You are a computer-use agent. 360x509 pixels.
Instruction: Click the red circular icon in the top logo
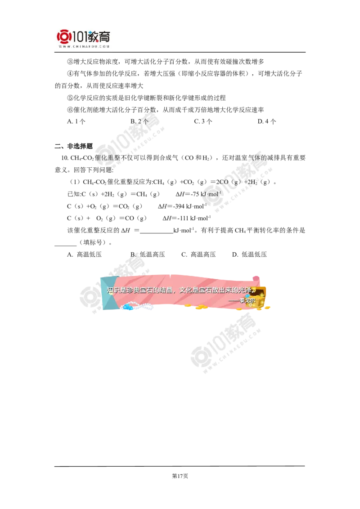point(64,36)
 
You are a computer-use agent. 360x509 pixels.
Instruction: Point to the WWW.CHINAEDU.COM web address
point(84,46)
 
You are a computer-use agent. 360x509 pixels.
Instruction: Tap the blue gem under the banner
point(128,307)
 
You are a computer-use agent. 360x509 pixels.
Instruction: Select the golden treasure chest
point(260,298)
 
